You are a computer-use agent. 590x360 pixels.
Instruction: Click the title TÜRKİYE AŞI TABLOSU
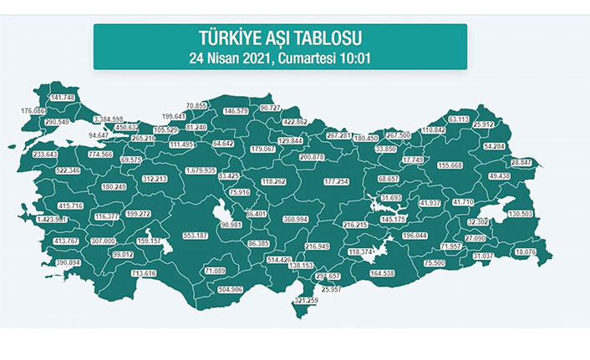coord(279,38)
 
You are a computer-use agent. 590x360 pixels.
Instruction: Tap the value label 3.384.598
coord(108,119)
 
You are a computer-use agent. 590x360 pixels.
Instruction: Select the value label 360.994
coord(301,219)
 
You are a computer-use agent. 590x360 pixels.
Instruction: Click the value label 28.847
coord(521,161)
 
